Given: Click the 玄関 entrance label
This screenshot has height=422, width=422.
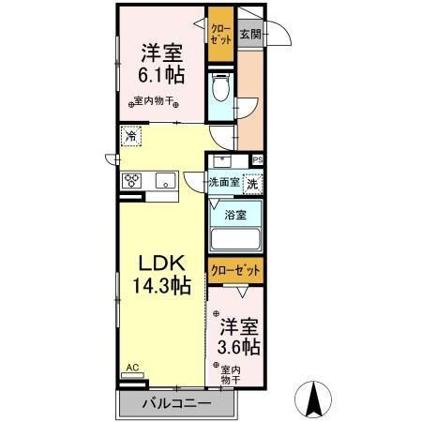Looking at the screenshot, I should [249, 35].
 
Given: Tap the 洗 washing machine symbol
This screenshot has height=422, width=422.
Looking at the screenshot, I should [251, 185].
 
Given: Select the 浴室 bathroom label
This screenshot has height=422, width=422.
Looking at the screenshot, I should [236, 215].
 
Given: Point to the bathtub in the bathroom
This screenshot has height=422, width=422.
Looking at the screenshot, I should [236, 237].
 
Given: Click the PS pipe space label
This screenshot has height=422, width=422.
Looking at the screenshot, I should [258, 160].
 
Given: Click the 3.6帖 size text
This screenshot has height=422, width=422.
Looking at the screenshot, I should [240, 348].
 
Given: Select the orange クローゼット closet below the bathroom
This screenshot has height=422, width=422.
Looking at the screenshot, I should [236, 271].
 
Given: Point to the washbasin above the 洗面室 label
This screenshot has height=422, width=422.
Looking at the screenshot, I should [222, 159].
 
